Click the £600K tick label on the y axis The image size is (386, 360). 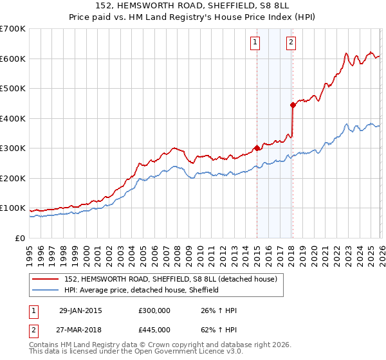[12, 59]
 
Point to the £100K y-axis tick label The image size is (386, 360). [12, 208]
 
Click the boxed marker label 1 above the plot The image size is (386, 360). [255, 43]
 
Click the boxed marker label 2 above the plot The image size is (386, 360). [291, 43]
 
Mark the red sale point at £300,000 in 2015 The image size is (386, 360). [257, 148]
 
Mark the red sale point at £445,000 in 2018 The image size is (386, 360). [293, 104]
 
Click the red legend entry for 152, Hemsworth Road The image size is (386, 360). [170, 278]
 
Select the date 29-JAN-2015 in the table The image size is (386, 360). [84, 310]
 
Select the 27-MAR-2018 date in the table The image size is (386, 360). [85, 329]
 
